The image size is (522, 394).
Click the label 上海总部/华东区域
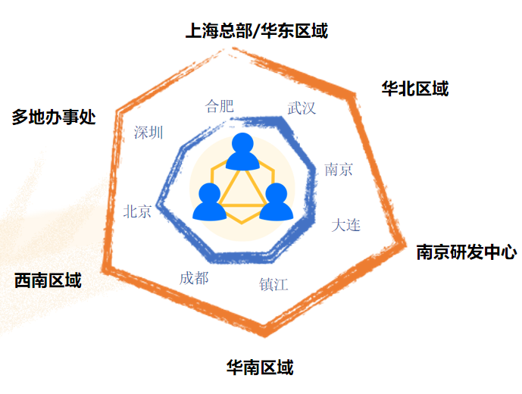point(257,31)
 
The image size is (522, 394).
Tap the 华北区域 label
point(415,89)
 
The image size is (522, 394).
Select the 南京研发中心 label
point(466,252)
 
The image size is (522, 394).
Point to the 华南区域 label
point(260,368)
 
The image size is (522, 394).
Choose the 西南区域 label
point(48,280)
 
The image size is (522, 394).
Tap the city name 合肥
point(220,106)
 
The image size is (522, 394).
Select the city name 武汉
point(302,108)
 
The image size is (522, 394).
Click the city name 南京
point(339,169)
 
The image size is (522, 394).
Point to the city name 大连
point(346,225)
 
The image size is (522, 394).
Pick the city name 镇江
point(274,285)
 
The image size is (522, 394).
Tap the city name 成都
point(194,278)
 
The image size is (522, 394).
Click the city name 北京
point(138,211)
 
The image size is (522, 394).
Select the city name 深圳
point(148,133)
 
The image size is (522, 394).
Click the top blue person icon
point(242,152)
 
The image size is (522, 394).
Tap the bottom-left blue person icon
point(209,202)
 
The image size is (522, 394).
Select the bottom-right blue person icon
point(276,202)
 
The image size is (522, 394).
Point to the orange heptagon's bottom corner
point(264,332)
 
